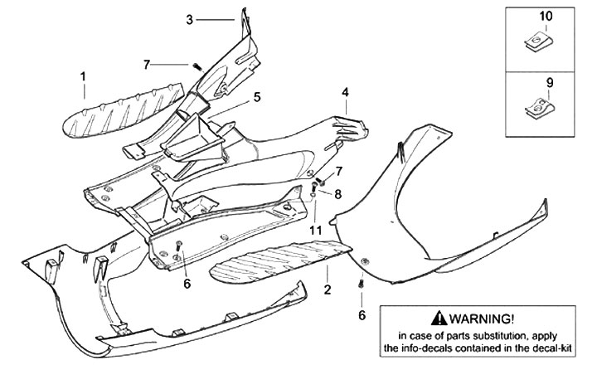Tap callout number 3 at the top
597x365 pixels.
click(189, 18)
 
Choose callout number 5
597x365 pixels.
click(257, 96)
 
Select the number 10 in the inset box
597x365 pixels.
click(545, 16)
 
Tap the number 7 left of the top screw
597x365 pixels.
click(146, 64)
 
